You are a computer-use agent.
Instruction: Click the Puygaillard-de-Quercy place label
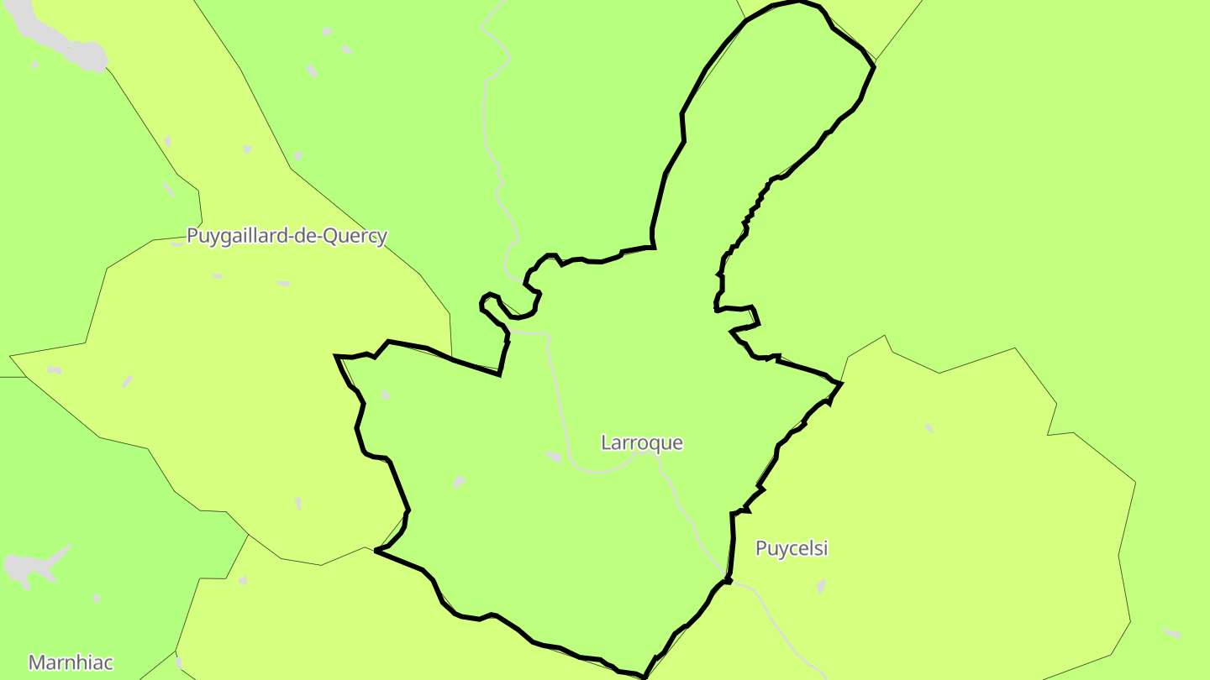(287, 236)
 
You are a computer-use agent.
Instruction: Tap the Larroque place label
(642, 442)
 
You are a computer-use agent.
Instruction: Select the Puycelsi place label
(792, 548)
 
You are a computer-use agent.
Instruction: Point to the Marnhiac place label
(71, 662)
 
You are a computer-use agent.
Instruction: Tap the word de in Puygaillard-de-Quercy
(305, 236)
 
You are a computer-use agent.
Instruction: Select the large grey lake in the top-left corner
(63, 40)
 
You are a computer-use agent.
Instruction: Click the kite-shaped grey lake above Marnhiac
(34, 568)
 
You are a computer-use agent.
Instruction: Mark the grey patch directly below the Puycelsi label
(821, 585)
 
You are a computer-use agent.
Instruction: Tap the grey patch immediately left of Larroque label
(553, 457)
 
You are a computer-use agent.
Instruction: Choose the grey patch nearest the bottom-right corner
(1171, 632)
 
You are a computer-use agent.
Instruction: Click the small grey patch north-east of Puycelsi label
(929, 428)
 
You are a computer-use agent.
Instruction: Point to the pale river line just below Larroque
(605, 468)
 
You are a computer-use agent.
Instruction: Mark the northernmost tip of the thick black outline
(797, 3)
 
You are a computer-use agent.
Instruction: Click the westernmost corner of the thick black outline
(336, 357)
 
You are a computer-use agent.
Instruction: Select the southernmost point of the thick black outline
(644, 677)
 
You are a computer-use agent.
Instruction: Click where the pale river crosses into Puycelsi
(728, 579)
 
